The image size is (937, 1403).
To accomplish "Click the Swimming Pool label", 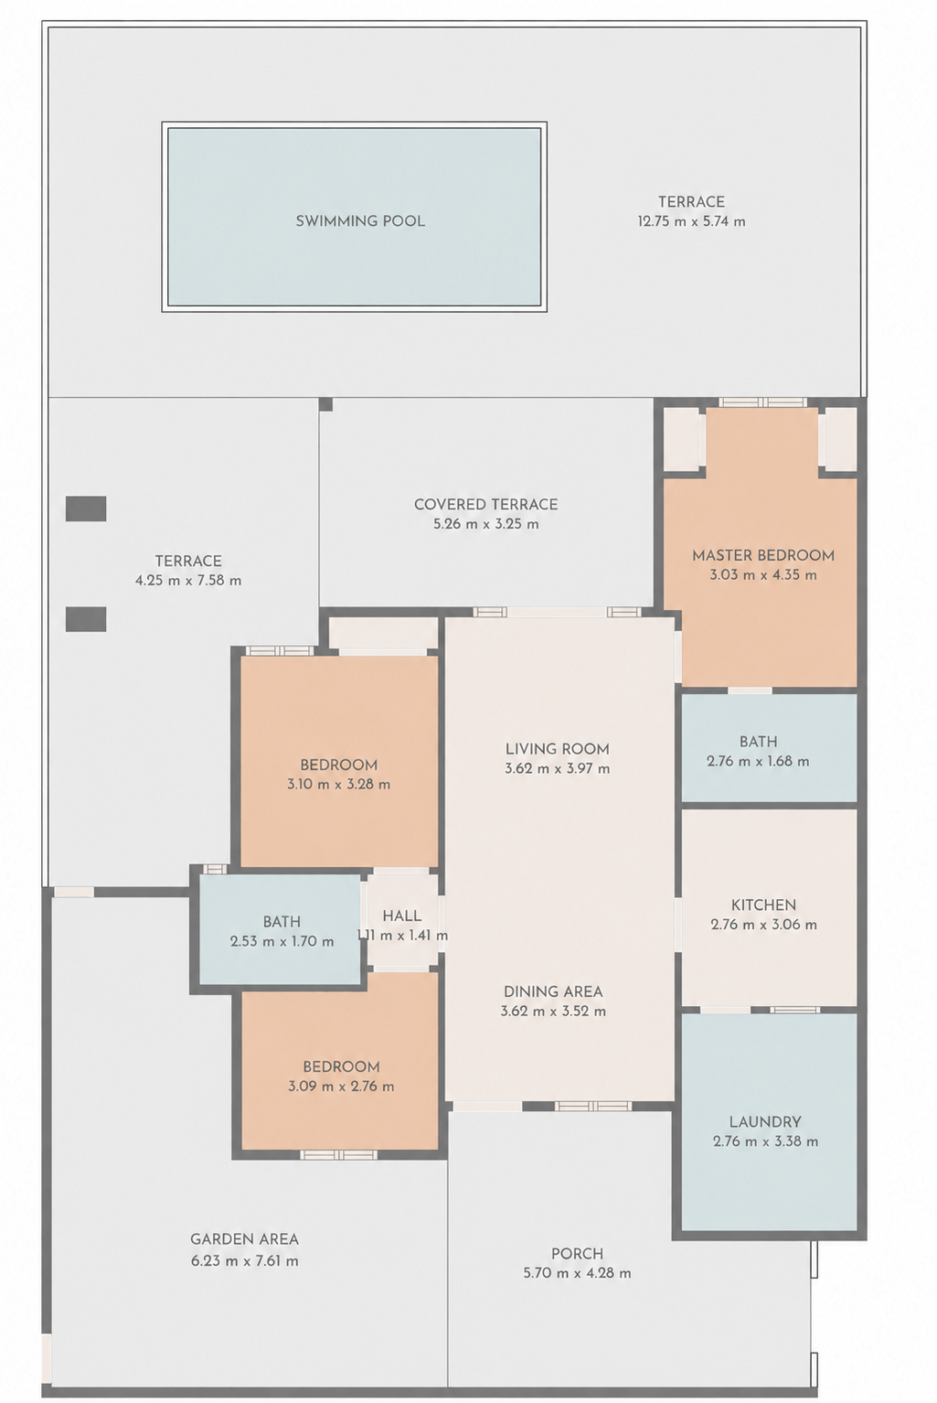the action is [360, 221].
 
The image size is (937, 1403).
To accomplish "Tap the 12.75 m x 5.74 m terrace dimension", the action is [692, 221].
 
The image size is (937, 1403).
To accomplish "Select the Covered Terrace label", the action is [485, 504].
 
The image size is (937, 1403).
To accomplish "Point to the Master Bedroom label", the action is [763, 555].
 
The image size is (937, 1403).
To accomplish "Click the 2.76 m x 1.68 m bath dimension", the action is [758, 762].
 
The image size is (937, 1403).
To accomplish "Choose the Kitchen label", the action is [763, 905].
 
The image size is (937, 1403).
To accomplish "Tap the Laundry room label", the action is [765, 1122].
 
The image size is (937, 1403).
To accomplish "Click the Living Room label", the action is [557, 749].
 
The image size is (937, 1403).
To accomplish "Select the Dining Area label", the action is [553, 991].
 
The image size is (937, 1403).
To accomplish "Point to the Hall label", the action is [402, 916].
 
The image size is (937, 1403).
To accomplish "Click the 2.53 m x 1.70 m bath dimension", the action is [282, 941].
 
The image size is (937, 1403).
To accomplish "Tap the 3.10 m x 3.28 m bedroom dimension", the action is [338, 784].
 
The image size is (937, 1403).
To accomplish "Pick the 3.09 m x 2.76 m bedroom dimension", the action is [341, 1086].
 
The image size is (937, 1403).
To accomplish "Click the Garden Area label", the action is [244, 1239].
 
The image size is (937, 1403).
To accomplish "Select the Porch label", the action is [577, 1253].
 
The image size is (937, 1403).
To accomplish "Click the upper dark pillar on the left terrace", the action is [86, 509].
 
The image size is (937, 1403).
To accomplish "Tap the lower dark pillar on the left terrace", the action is [86, 619].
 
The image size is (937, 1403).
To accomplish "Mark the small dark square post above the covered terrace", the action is [325, 404].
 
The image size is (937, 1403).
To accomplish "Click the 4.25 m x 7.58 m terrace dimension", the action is [188, 581].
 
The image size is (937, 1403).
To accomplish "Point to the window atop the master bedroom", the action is [762, 402].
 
